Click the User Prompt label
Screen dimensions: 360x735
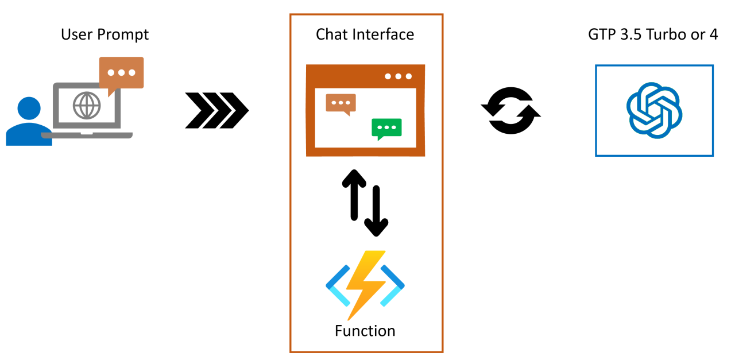(105, 34)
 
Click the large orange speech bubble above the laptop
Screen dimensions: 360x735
(121, 73)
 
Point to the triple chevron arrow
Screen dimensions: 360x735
(216, 109)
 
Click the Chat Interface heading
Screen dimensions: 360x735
(365, 34)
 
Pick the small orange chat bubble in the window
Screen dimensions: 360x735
(341, 103)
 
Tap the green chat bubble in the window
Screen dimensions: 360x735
(386, 129)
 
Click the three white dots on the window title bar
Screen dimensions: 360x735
(399, 76)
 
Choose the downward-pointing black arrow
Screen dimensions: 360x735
(377, 212)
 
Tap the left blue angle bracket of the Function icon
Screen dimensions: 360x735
(335, 285)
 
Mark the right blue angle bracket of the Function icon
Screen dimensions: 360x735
(394, 285)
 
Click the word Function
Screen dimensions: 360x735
(365, 331)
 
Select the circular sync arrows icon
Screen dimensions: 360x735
(511, 110)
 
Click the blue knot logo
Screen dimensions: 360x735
(654, 110)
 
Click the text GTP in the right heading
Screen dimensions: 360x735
(601, 34)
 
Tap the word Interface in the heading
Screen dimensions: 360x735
(384, 34)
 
